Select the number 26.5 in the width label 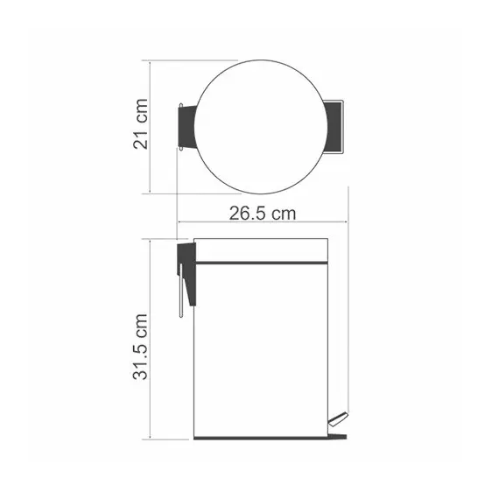pos(249,214)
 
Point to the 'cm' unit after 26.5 pos(284,214)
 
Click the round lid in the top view pos(255,127)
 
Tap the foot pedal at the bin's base pos(338,425)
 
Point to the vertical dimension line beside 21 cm pos(151,127)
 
